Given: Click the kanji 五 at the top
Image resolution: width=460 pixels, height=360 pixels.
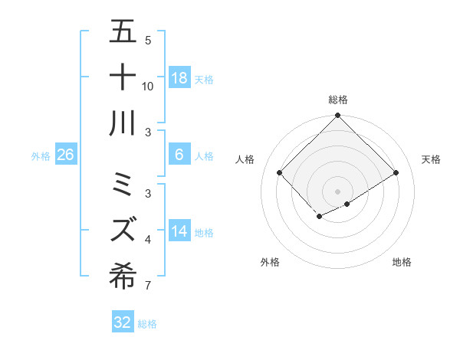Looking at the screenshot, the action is [x=123, y=32].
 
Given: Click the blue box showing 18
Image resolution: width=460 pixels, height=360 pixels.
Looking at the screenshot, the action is [x=179, y=77].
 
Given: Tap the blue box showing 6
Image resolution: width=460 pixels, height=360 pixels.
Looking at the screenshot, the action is [x=179, y=155].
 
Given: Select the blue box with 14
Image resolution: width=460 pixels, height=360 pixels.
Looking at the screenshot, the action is [x=179, y=231].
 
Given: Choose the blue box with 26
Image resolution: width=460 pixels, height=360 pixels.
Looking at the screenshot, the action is [x=66, y=155].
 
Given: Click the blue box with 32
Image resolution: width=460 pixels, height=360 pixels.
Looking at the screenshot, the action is [x=123, y=322].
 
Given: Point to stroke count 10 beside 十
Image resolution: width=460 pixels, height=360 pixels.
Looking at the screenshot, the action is [x=148, y=86].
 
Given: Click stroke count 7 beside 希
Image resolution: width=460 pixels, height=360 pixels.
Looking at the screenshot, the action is [x=148, y=286].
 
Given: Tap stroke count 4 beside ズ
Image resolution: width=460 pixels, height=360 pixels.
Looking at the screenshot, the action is [x=148, y=241].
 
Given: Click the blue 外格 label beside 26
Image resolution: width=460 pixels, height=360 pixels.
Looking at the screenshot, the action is [x=41, y=155].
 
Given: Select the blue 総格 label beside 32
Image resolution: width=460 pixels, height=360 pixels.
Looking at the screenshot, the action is [x=147, y=323].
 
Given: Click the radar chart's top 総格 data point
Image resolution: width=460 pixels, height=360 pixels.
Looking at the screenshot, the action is [x=337, y=116].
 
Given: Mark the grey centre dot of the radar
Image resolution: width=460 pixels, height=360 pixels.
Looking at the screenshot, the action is [x=337, y=190].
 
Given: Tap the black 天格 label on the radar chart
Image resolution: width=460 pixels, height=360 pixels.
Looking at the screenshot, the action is [x=432, y=159].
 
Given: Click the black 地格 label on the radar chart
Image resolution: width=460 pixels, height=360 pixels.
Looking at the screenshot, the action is [x=402, y=262].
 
